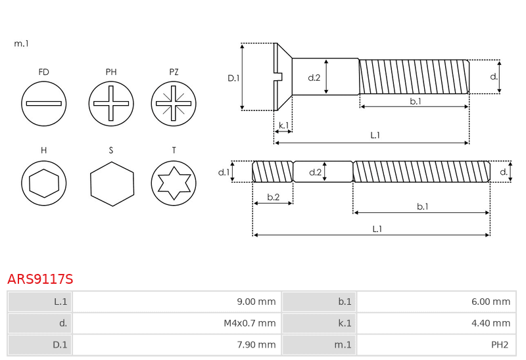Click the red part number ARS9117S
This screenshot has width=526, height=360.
(x=40, y=279)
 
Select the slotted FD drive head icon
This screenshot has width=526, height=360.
(x=43, y=104)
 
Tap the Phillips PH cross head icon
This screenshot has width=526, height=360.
(x=111, y=104)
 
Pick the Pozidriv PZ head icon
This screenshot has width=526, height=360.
(x=174, y=104)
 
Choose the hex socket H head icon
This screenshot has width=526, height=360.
(x=43, y=183)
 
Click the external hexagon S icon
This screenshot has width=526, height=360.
(x=112, y=184)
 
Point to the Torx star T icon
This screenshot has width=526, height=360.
(x=174, y=183)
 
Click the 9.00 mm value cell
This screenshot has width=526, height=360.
(x=177, y=302)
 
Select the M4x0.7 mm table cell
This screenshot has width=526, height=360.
(x=177, y=323)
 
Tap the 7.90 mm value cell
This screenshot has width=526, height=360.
(x=177, y=345)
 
